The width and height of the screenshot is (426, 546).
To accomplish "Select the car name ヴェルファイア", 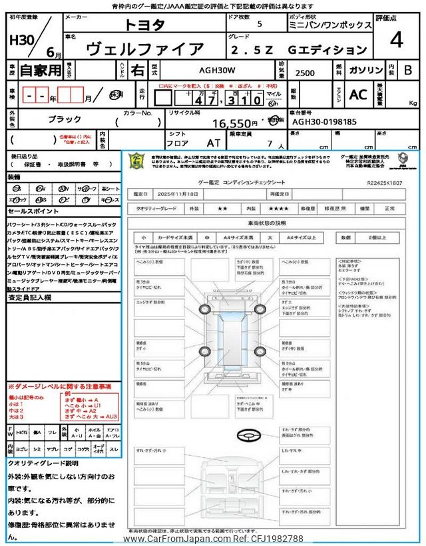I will (x=145, y=49).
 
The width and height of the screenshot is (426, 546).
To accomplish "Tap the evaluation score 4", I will (x=396, y=40).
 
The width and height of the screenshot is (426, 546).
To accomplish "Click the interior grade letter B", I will (x=408, y=70).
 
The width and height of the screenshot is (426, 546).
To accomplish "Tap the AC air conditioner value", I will (x=357, y=95).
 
